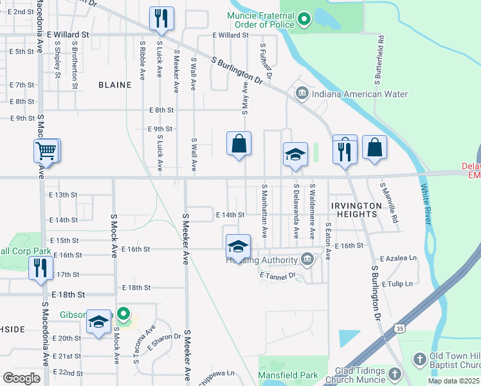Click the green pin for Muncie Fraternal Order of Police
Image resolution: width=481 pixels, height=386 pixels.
tap(305, 20)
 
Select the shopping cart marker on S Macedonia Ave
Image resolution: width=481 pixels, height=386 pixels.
tap(46, 151)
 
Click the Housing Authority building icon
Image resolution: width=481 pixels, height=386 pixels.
tap(307, 259)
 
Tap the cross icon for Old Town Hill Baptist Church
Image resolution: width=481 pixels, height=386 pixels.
tap(419, 358)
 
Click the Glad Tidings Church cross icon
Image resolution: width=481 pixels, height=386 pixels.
tap(395, 373)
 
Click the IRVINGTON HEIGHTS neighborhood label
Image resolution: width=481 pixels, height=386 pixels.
tap(356, 209)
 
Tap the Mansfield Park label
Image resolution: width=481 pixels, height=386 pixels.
tap(288, 374)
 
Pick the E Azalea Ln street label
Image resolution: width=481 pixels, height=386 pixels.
tap(398, 259)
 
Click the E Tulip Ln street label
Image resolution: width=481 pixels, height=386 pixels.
tap(399, 284)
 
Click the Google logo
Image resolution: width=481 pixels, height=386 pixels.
tap(21, 378)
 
